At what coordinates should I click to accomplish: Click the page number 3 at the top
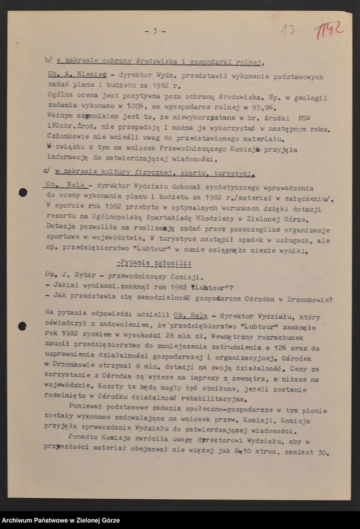(x=154, y=30)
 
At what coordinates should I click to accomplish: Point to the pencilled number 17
(x=290, y=30)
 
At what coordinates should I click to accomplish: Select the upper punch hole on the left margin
(x=23, y=192)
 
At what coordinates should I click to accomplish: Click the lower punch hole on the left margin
(x=23, y=326)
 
